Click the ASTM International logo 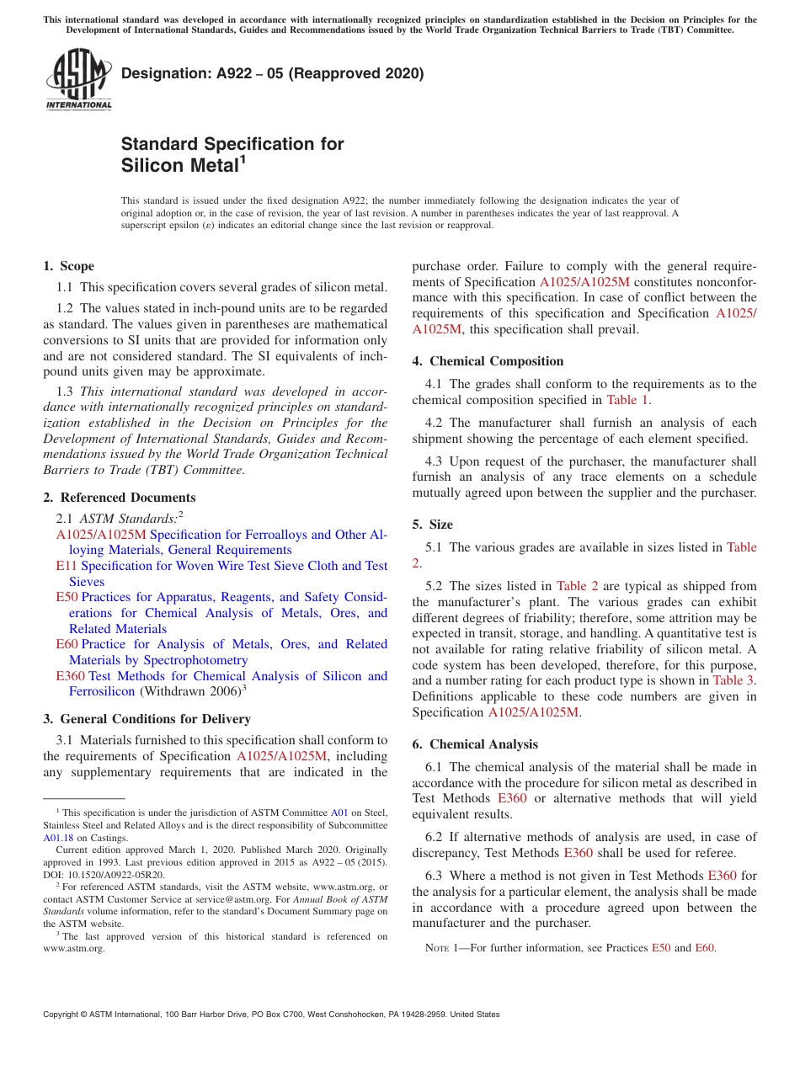tap(78, 80)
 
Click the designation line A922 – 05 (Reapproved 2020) tap(272, 73)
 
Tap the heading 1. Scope tap(69, 266)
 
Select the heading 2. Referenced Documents tap(120, 498)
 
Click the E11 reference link tap(67, 566)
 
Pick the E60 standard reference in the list tap(67, 644)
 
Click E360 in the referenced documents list tap(70, 676)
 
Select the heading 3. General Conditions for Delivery tap(147, 719)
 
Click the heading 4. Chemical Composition tap(488, 361)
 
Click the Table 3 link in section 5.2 tap(733, 680)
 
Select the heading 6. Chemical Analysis tap(475, 744)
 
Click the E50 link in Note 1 tap(661, 948)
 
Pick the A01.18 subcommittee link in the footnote tap(58, 838)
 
